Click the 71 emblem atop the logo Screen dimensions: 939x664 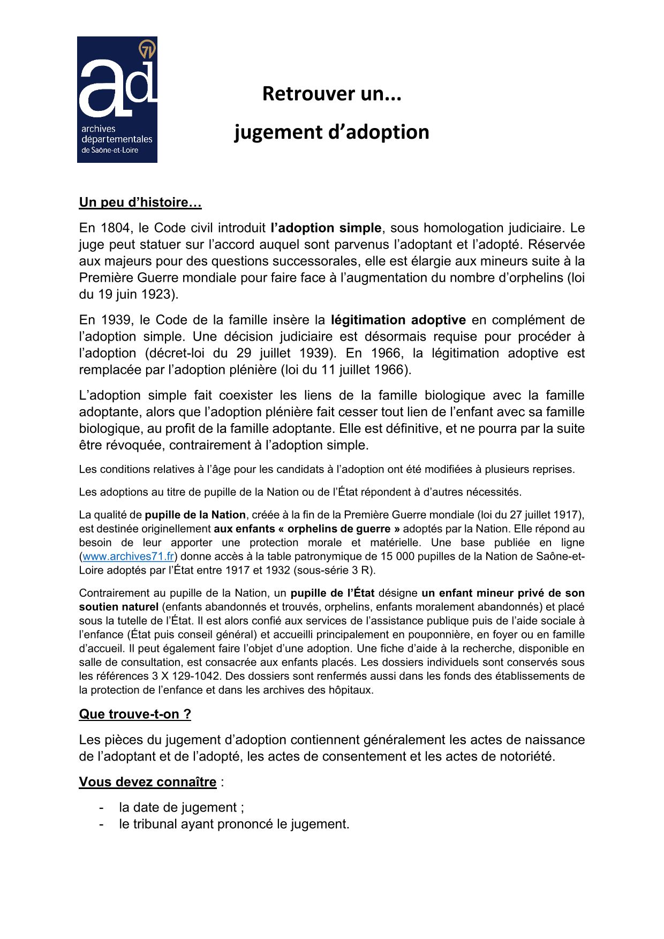147,50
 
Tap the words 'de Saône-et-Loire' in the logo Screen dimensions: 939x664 109,151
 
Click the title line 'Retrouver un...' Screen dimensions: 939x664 331,94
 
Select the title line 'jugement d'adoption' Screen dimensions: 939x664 331,132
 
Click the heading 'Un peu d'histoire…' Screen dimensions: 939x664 140,202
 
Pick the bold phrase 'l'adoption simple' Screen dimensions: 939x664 326,228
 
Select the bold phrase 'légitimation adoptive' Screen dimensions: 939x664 398,320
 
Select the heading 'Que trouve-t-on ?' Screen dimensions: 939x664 135,715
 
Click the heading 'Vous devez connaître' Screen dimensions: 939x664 148,783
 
